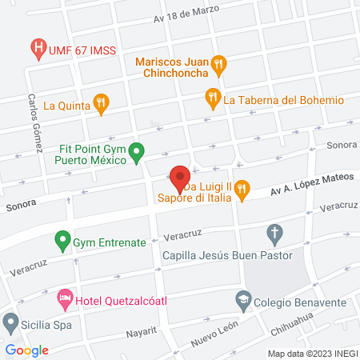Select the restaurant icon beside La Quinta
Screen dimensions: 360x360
tap(100, 102)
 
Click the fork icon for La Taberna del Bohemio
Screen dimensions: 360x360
tap(212, 98)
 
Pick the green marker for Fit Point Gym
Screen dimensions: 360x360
tap(137, 150)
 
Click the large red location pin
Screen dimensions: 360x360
tap(179, 176)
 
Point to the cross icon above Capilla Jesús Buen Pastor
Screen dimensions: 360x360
tap(274, 235)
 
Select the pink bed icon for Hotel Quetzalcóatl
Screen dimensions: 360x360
tap(64, 302)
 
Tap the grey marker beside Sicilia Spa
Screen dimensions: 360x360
tap(10, 324)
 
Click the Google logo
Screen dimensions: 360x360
tap(27, 350)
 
